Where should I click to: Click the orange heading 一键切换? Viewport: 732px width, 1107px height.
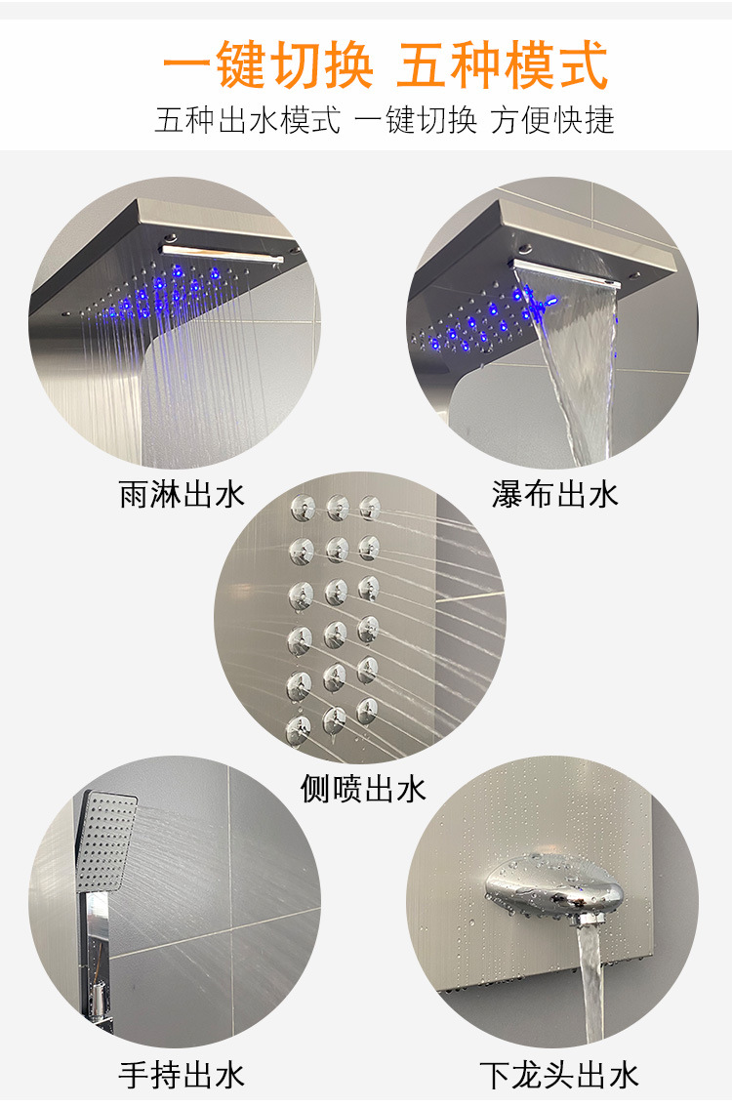[267, 65]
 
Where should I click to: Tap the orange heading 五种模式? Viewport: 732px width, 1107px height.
[502, 65]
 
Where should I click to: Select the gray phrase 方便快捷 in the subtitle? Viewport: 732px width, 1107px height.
[552, 120]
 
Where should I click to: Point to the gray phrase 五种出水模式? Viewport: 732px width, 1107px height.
[248, 120]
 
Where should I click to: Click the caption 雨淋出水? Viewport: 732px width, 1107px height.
[182, 494]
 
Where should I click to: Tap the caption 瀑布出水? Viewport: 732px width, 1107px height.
[554, 494]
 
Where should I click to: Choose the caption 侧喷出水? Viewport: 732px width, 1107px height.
[363, 789]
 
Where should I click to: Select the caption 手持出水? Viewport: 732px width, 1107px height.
[182, 1076]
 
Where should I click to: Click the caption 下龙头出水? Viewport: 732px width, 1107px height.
[559, 1076]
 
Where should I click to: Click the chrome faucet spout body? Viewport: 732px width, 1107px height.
[554, 889]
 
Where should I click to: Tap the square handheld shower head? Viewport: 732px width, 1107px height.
[106, 840]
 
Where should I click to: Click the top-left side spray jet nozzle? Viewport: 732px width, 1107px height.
[303, 507]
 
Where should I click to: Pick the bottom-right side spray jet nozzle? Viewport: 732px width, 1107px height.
[368, 712]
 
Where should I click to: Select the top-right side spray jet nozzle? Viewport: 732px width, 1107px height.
[369, 507]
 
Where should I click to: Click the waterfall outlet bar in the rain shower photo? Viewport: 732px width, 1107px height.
[223, 254]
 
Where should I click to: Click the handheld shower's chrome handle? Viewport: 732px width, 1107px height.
[97, 961]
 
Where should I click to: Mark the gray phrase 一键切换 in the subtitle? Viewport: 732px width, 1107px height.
[416, 120]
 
